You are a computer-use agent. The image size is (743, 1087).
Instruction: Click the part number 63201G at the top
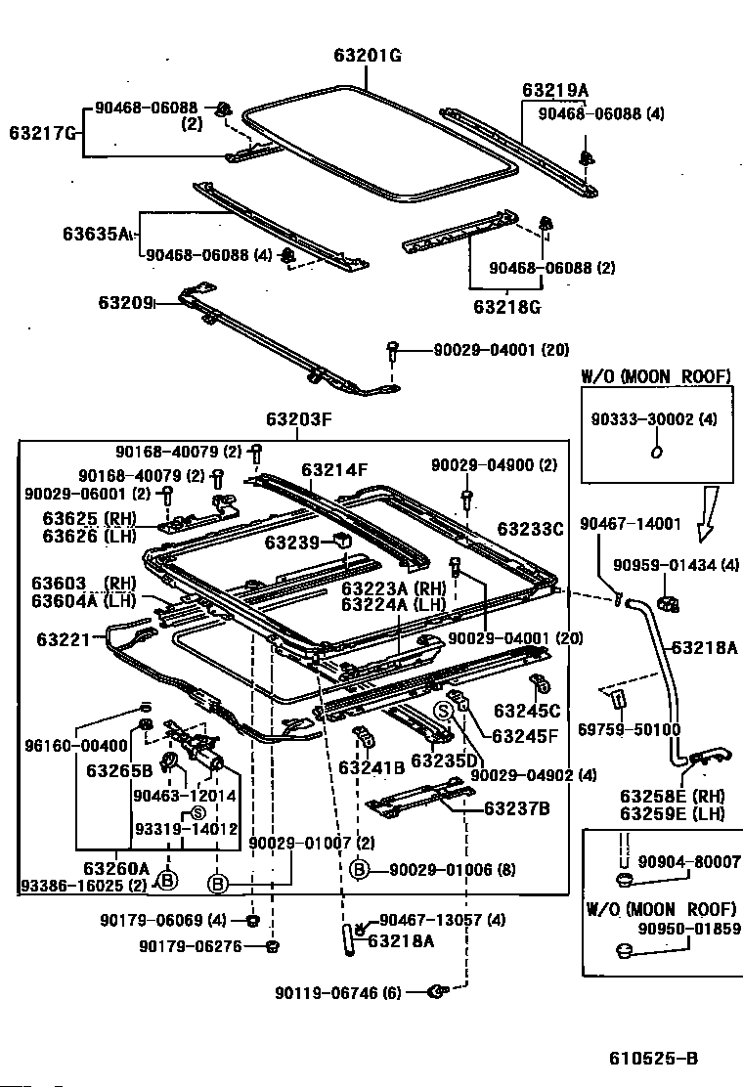click(x=368, y=55)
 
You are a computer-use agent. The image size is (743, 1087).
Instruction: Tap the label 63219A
click(x=555, y=90)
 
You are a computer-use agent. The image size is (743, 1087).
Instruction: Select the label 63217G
click(x=42, y=132)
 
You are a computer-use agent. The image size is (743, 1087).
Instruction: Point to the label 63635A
click(x=97, y=233)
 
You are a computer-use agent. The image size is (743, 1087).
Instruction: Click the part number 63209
click(x=125, y=302)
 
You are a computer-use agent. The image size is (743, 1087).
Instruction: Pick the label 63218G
click(x=506, y=306)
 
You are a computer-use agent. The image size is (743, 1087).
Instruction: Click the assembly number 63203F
click(x=299, y=418)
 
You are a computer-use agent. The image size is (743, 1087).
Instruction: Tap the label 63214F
click(x=334, y=470)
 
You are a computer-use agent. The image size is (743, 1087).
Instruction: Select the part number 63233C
click(x=531, y=529)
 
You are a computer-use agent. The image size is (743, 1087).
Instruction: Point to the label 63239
click(x=291, y=543)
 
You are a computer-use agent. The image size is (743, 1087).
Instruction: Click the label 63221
click(x=64, y=638)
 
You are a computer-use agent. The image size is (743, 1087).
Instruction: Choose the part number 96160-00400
click(x=76, y=746)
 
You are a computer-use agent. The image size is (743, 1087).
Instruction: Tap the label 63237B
click(x=516, y=808)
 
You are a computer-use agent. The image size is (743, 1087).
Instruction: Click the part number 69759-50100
click(x=630, y=729)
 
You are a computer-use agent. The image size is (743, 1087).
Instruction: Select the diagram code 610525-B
click(x=654, y=1058)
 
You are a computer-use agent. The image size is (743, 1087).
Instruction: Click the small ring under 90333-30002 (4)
click(x=657, y=452)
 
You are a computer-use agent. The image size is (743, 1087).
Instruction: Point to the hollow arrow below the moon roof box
click(x=709, y=514)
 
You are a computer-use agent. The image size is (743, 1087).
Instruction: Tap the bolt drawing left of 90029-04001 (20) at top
click(x=393, y=350)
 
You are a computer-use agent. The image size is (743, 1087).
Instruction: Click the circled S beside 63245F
click(x=443, y=711)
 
